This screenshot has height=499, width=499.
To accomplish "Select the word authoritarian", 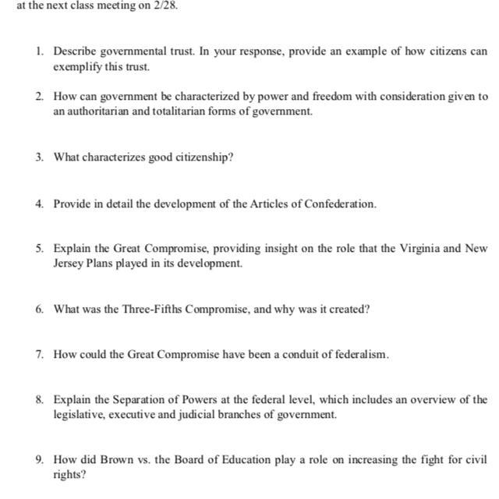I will click(101, 111).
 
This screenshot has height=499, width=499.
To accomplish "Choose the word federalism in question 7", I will click(360, 354).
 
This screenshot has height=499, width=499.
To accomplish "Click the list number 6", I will click(39, 309).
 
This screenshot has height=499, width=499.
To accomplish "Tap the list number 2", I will click(39, 97).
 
